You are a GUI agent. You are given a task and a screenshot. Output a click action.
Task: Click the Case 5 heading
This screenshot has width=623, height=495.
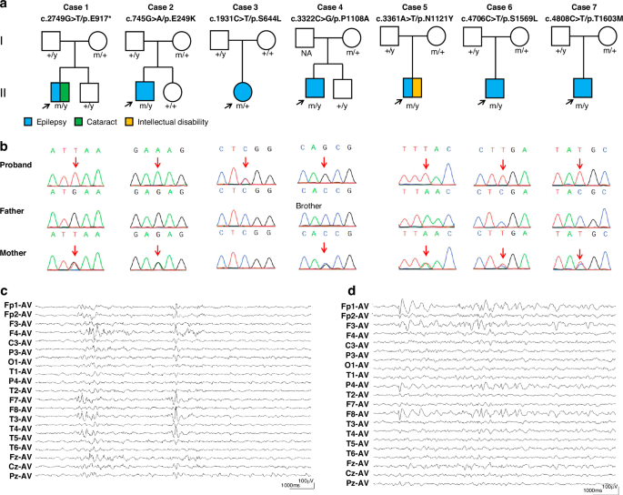pyautogui.click(x=415, y=7)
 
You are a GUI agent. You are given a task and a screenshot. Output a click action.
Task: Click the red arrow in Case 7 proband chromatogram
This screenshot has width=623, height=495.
pyautogui.click(x=578, y=162)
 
